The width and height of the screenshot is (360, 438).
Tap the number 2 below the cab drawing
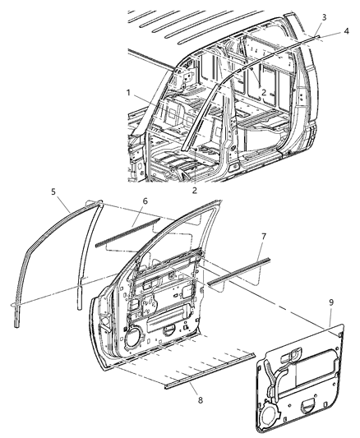193,190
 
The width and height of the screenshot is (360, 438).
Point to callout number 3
324,16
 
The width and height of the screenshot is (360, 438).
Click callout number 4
345,31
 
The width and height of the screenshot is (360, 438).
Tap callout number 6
144,224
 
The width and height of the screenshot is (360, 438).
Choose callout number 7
262,237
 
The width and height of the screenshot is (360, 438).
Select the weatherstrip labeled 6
127,239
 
